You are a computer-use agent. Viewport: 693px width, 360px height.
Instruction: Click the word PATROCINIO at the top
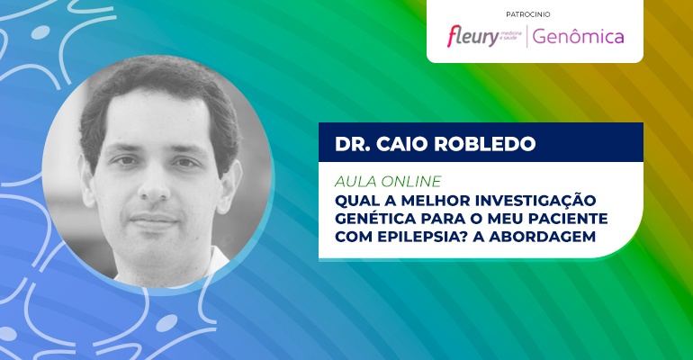(x=528, y=14)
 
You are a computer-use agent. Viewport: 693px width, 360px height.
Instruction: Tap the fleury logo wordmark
(x=472, y=36)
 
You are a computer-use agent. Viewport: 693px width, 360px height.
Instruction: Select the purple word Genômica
(x=578, y=37)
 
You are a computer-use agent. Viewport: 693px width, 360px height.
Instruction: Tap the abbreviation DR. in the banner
(x=352, y=144)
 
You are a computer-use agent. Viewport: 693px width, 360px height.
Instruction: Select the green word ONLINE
(x=410, y=182)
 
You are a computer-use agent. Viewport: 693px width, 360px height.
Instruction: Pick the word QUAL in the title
(x=355, y=201)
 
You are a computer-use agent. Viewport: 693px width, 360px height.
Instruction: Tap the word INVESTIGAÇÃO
(x=535, y=200)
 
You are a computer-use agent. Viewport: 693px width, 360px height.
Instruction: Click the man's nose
(x=154, y=185)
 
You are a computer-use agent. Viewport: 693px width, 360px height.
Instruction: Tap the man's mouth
(x=154, y=219)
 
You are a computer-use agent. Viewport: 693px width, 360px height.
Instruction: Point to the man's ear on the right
(x=230, y=182)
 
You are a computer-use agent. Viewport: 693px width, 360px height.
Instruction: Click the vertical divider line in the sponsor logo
(x=526, y=37)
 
